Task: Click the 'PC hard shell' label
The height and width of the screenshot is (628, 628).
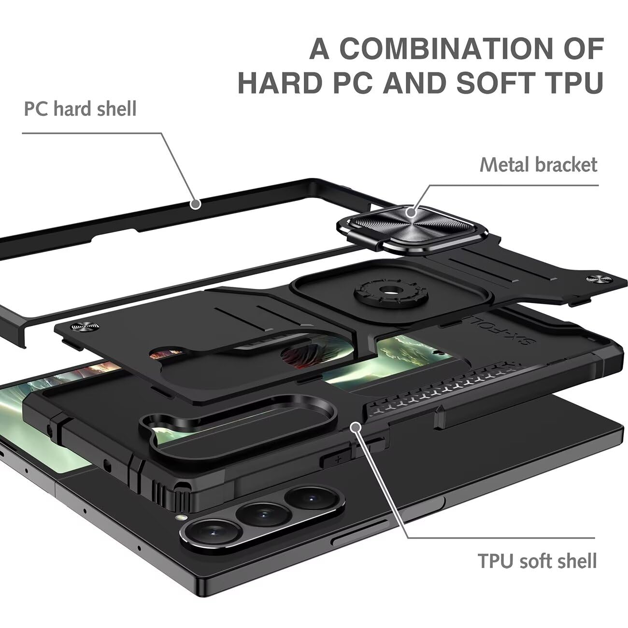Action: tap(80, 109)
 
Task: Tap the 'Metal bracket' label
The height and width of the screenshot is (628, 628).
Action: tap(538, 165)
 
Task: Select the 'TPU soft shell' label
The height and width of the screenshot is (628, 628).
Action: tap(537, 560)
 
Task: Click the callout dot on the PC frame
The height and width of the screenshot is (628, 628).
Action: tap(195, 204)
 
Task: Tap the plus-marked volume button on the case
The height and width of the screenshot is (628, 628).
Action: tap(338, 459)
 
